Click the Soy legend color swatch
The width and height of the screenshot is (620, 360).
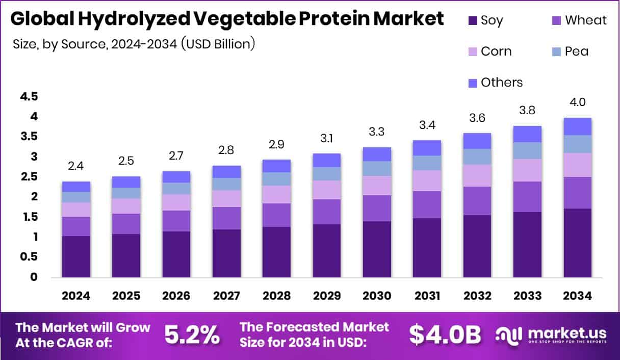pyautogui.click(x=473, y=21)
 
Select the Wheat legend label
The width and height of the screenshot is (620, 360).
pyautogui.click(x=586, y=20)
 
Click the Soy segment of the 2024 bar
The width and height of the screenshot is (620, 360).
pyautogui.click(x=76, y=256)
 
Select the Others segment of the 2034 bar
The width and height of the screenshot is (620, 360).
pyautogui.click(x=577, y=126)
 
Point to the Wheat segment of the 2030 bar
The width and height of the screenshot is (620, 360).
pyautogui.click(x=376, y=208)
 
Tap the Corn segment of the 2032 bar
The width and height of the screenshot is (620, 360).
pyautogui.click(x=477, y=175)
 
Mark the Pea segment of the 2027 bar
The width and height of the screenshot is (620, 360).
pyautogui.click(x=226, y=184)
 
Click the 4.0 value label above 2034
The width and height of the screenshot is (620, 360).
pyautogui.click(x=577, y=102)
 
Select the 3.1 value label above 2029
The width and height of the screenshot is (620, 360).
pyautogui.click(x=326, y=138)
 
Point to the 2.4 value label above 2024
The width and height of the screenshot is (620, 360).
pyautogui.click(x=76, y=166)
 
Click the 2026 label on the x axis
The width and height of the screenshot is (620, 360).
pyautogui.click(x=176, y=296)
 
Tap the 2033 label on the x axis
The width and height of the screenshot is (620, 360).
pyautogui.click(x=527, y=296)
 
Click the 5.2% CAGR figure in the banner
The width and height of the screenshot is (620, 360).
pyautogui.click(x=192, y=335)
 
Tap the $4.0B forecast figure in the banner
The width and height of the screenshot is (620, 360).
pyautogui.click(x=445, y=335)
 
